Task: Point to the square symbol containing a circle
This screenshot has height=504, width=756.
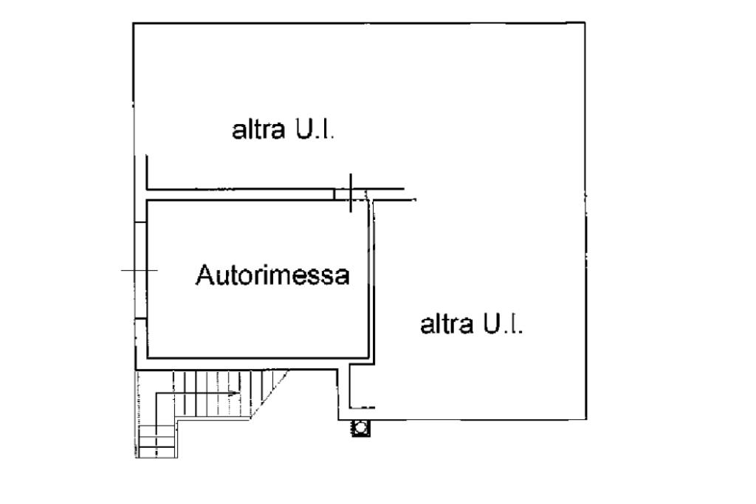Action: tap(361, 428)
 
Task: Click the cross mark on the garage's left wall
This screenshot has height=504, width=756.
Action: tap(140, 272)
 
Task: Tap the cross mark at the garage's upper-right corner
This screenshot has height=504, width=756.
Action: tap(351, 193)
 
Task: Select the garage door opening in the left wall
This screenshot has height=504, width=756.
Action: tap(140, 271)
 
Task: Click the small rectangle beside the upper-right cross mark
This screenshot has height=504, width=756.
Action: tap(341, 194)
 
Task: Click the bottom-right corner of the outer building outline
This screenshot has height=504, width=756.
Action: tap(587, 420)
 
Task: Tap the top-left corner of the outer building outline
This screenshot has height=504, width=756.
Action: tap(134, 24)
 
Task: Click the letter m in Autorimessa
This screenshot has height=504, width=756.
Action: tap(286, 277)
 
